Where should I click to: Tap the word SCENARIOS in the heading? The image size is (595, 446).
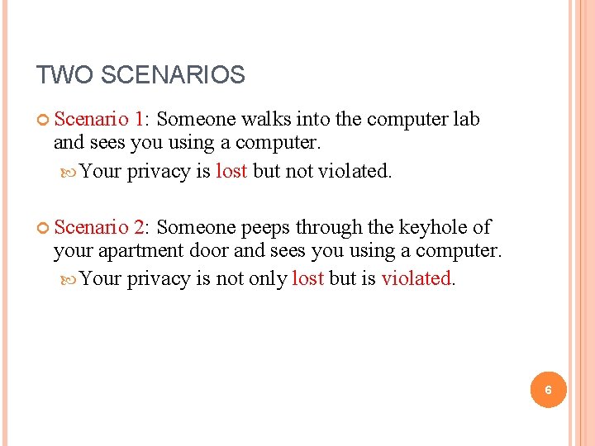[173, 76]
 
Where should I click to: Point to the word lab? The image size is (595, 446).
[464, 119]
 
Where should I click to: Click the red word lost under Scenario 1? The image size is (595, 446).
[231, 171]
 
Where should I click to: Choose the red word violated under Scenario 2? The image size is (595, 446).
[416, 279]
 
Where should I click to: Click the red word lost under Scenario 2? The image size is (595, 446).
[307, 279]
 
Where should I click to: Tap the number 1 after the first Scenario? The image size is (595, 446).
[140, 119]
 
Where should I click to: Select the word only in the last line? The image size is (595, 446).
[268, 279]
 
